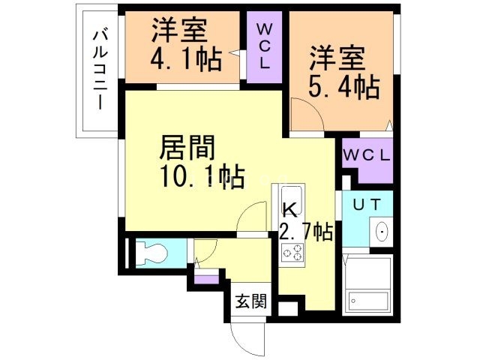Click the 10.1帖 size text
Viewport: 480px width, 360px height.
tap(201, 178)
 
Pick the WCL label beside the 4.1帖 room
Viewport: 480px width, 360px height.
tap(265, 46)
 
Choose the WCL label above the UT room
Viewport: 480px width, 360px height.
tap(367, 157)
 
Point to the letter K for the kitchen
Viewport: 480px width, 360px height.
tap(289, 210)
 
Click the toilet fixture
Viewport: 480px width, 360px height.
tap(149, 253)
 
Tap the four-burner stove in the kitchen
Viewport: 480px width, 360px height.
tap(292, 253)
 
